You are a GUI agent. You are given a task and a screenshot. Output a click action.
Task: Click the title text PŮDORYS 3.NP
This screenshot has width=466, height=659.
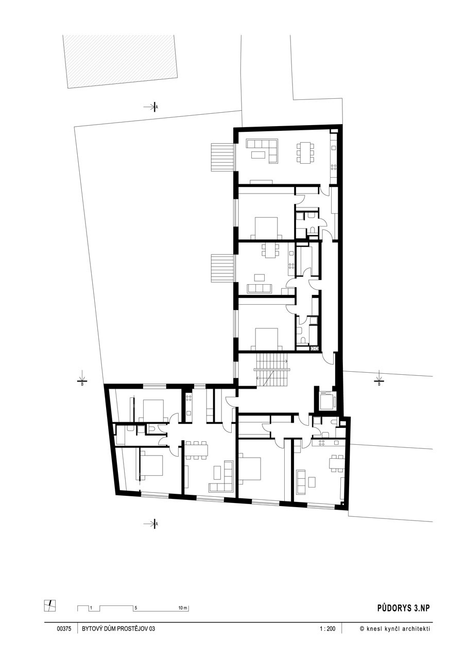[403, 608]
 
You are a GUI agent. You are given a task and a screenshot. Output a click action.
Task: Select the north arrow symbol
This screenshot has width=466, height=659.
[50, 606]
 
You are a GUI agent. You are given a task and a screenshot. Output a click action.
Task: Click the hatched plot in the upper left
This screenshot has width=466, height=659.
[120, 61]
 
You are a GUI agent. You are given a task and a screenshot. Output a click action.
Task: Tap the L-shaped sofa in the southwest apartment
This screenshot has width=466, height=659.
[221, 477]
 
